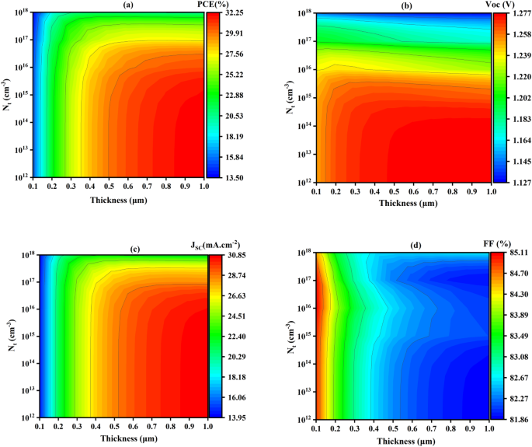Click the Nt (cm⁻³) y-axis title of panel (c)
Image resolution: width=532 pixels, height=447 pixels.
(x=11, y=337)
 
